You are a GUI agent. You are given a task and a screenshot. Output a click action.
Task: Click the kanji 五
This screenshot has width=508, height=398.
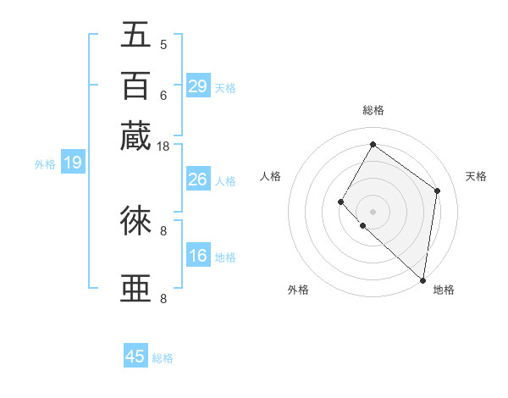coord(137,36)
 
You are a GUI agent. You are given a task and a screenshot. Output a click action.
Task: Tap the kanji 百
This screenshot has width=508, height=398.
coord(137,85)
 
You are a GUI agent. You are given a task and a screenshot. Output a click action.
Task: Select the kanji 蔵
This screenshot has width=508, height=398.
coord(137,135)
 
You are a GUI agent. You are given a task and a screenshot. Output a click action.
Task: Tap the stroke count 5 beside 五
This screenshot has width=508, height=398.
coord(163,45)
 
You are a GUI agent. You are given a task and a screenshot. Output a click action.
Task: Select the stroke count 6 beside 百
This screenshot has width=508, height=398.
coord(163,95)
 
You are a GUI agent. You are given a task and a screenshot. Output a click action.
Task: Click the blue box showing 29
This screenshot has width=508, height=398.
coord(197,86)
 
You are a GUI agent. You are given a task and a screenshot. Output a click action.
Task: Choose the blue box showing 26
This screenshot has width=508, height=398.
coord(197,180)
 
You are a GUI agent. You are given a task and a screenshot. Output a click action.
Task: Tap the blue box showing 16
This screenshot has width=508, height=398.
coord(197,256)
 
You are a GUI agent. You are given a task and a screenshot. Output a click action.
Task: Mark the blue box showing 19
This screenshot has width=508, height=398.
coord(72,163)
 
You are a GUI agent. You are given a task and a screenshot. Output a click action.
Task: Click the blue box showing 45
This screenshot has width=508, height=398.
coord(135,357)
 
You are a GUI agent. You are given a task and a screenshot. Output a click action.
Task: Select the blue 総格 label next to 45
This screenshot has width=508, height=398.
coord(163,358)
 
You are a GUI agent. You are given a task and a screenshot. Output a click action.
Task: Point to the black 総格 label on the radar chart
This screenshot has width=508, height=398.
coord(373,110)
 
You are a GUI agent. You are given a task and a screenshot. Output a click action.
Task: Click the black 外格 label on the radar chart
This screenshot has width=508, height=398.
coord(298,290)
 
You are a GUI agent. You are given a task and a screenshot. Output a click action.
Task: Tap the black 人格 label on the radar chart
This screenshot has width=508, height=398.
coord(271,176)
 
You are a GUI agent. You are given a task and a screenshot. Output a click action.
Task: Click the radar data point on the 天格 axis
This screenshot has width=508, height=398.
coord(438,191)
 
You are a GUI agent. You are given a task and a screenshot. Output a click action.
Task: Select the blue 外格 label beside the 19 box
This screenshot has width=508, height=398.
coord(44,164)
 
